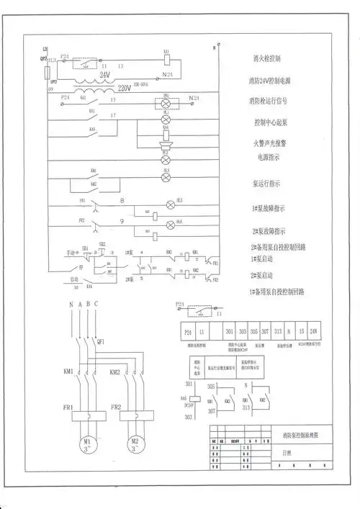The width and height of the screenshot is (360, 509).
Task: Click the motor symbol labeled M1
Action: (88, 443)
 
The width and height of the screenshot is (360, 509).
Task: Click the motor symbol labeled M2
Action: (134, 443)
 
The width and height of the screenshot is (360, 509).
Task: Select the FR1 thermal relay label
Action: (68, 407)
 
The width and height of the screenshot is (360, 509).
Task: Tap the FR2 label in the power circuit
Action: (115, 407)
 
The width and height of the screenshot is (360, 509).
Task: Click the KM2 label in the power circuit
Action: (115, 372)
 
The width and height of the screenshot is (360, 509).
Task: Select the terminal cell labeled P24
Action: (187, 332)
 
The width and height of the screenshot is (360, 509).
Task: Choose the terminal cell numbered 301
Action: (230, 332)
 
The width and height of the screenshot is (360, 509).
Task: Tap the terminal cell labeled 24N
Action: (315, 332)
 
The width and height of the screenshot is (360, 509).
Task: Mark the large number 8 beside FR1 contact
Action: (122, 200)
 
